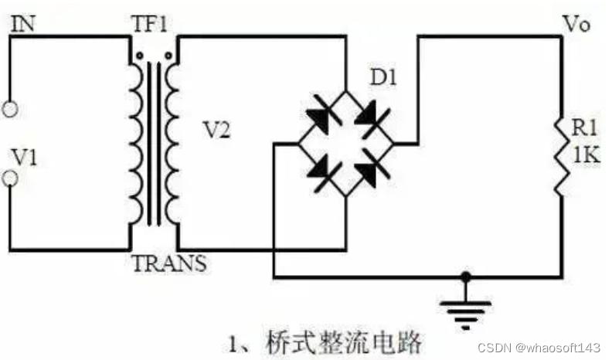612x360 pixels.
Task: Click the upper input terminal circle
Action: pyautogui.click(x=10, y=110)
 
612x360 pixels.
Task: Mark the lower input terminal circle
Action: pyautogui.click(x=10, y=179)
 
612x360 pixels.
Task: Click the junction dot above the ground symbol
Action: pyautogui.click(x=464, y=276)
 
